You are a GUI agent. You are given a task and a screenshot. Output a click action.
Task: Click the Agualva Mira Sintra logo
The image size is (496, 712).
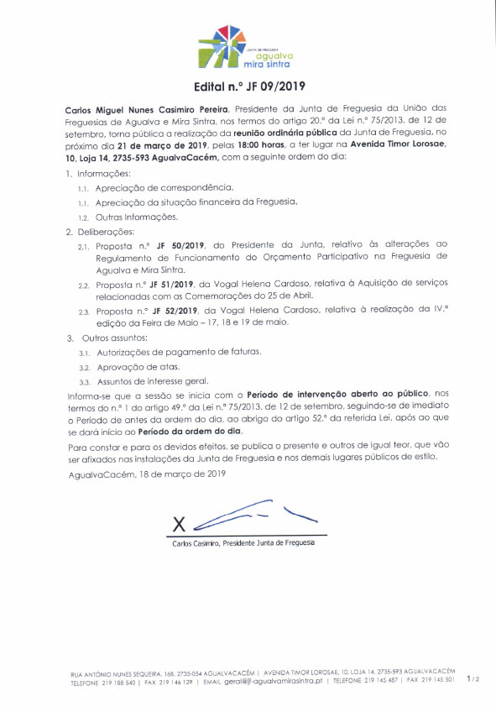click(x=248, y=46)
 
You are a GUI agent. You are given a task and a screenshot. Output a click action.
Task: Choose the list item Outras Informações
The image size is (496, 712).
click(x=135, y=217)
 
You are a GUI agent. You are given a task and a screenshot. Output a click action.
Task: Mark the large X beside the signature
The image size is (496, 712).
click(x=178, y=523)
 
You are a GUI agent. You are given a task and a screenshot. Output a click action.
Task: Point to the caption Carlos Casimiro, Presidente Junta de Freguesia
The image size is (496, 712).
click(x=243, y=543)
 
